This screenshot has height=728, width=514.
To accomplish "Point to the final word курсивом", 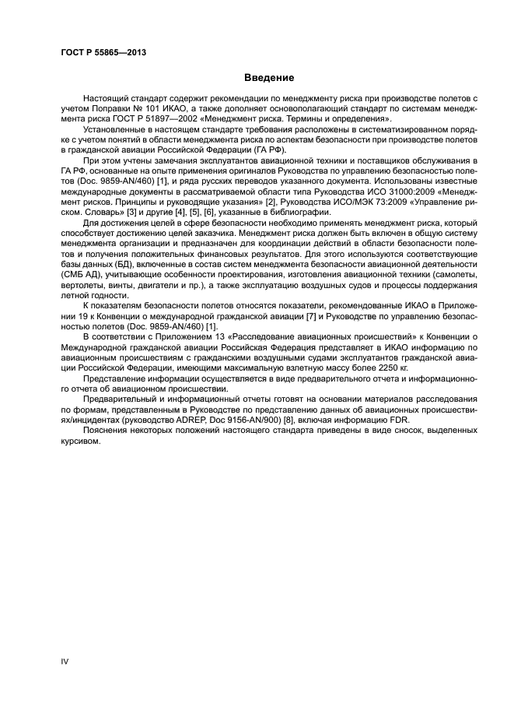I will [x=80, y=443].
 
